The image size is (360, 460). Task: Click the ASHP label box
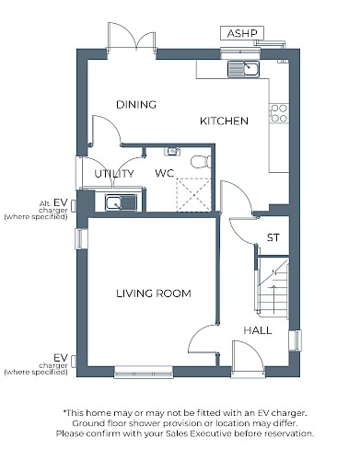(x=242, y=33)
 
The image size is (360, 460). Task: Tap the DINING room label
(x=136, y=105)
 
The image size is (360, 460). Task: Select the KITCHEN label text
(x=224, y=121)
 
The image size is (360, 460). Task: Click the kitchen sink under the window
(x=244, y=68)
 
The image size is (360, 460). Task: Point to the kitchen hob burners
(x=279, y=113)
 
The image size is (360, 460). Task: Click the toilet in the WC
(x=201, y=162)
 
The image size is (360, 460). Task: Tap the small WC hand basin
(x=172, y=152)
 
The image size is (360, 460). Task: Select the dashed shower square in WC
(x=193, y=194)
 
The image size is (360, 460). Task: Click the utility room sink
(x=121, y=202)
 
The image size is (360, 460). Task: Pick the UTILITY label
(x=114, y=174)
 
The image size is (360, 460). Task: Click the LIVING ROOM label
(x=154, y=293)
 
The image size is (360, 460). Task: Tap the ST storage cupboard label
(x=273, y=237)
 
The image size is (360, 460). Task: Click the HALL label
(x=258, y=330)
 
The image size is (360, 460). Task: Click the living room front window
(x=144, y=372)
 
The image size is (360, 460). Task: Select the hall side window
(x=296, y=339)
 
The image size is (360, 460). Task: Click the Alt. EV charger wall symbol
(x=74, y=205)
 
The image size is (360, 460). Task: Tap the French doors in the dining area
(x=132, y=37)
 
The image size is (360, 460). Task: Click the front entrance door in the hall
(x=248, y=358)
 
